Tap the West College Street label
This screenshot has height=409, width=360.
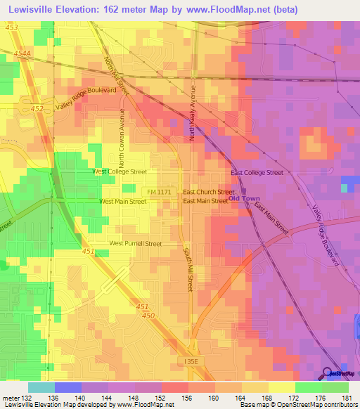(120, 171)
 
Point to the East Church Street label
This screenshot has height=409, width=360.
(208, 191)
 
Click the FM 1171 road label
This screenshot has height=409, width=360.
(160, 191)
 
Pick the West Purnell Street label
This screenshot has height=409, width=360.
(135, 244)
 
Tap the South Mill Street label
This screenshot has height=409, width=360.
(188, 269)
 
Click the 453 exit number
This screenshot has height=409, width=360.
(11, 27)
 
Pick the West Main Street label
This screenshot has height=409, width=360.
(122, 201)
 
